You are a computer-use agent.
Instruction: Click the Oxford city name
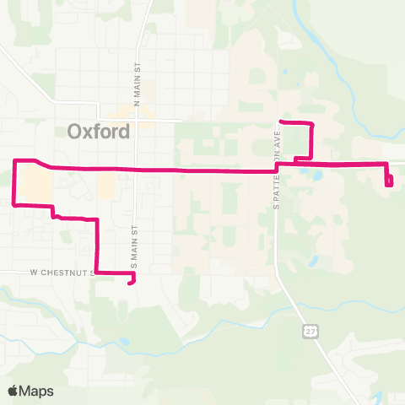pyautogui.click(x=98, y=132)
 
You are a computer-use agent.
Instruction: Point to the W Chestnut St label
pyautogui.click(x=59, y=273)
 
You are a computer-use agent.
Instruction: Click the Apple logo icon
pyautogui.click(x=13, y=391)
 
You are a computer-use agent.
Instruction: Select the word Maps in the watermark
pyautogui.click(x=37, y=391)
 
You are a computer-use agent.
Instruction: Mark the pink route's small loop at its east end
pyautogui.click(x=389, y=180)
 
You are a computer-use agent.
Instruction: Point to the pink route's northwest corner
pyautogui.click(x=13, y=159)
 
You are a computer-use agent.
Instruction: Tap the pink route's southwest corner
pyautogui.click(x=13, y=203)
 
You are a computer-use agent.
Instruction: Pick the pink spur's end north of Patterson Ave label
pyautogui.click(x=281, y=123)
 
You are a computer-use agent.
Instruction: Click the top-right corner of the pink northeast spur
pyautogui.click(x=313, y=125)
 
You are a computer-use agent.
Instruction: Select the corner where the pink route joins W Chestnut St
pyautogui.click(x=96, y=272)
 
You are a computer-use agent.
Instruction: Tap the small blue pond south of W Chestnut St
pyautogui.click(x=126, y=342)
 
